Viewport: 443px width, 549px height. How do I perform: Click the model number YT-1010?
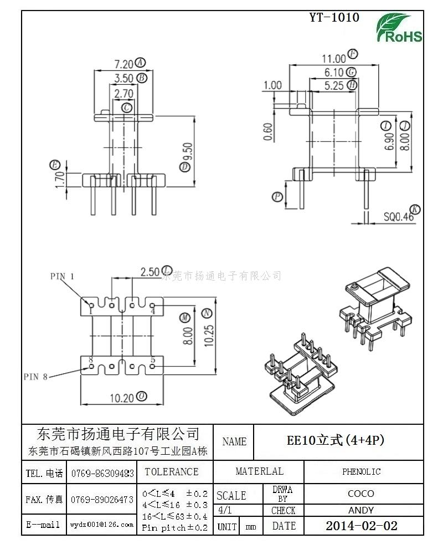tap(334, 18)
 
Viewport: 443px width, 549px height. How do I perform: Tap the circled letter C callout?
tap(127, 107)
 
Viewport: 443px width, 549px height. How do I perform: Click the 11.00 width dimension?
tap(334, 58)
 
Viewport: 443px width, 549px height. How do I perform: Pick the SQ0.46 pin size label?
tap(399, 217)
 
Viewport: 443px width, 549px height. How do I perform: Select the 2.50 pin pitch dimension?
tap(150, 272)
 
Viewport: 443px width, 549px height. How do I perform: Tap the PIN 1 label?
tap(62, 276)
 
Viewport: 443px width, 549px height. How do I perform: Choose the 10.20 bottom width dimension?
tap(121, 397)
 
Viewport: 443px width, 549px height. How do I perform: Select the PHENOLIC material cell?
tap(361, 472)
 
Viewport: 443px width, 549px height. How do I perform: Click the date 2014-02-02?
tap(361, 526)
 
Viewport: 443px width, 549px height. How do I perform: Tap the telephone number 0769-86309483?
tap(102, 474)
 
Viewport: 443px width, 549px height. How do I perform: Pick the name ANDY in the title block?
tap(361, 510)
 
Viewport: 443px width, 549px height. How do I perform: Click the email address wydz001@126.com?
tap(102, 524)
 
